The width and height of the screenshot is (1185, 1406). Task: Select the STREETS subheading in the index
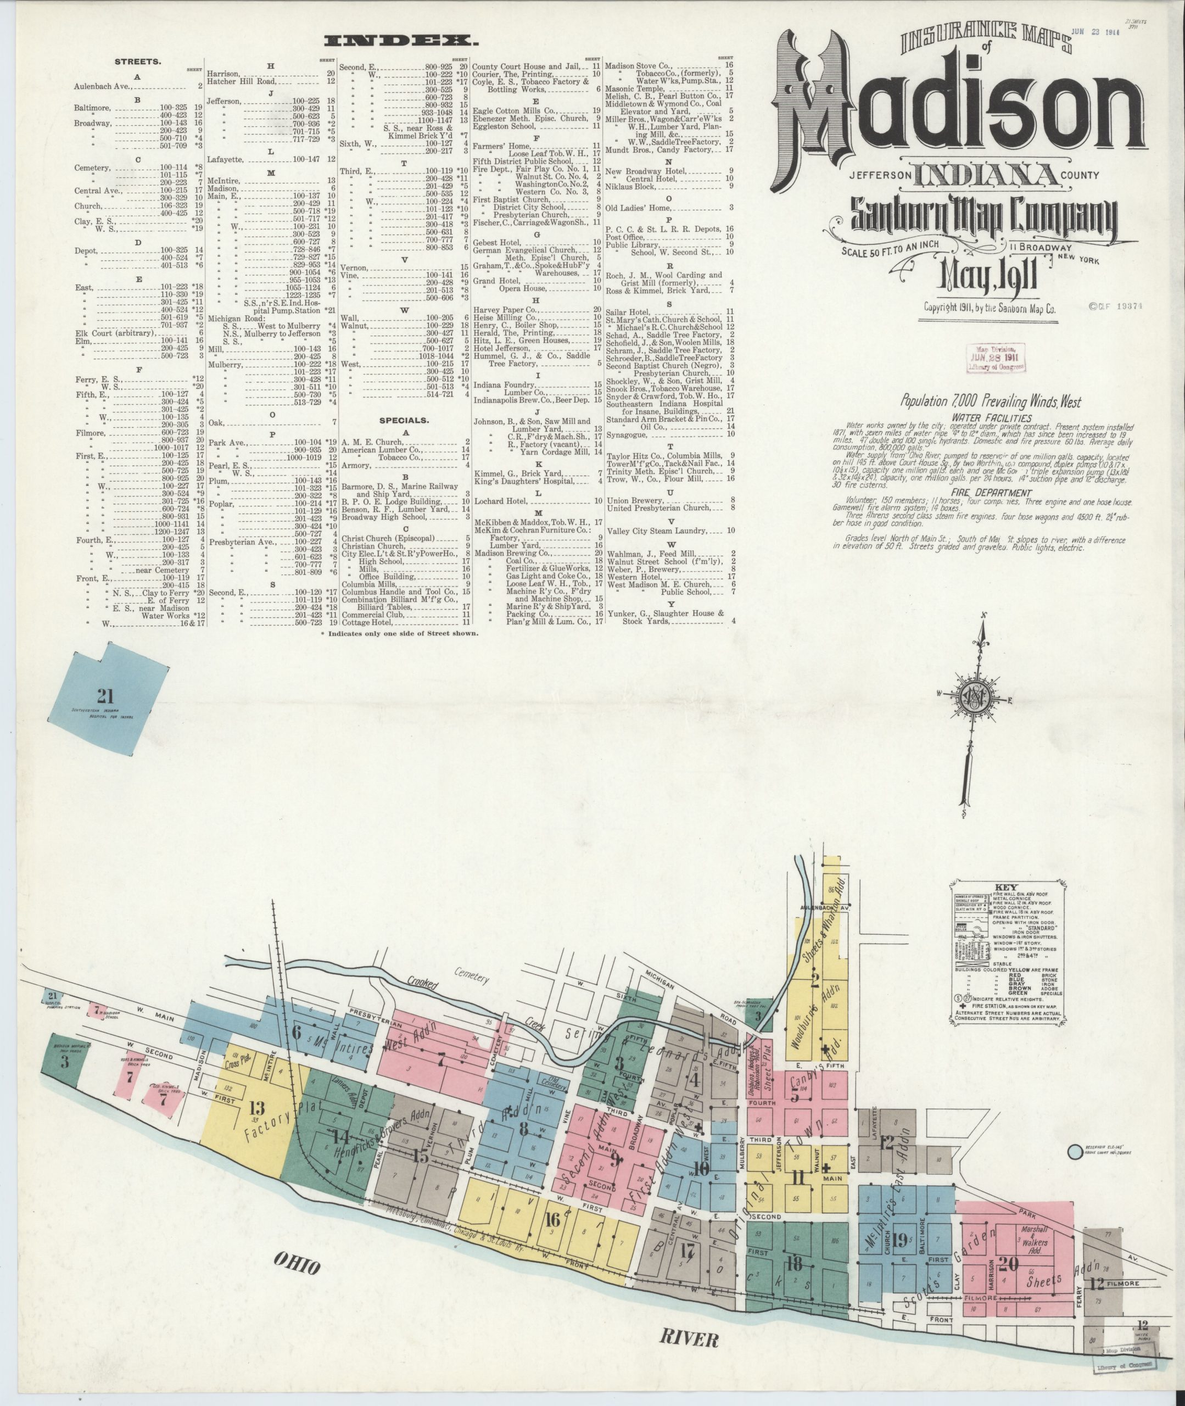pos(137,61)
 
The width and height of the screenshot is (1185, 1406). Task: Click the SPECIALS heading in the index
pos(403,421)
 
